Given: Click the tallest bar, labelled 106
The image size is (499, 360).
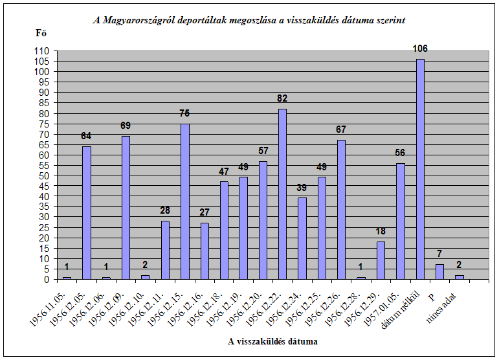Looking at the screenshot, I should [420, 169].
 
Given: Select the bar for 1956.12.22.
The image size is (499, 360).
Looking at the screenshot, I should [282, 194].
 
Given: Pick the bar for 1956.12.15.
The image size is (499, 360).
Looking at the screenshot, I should [184, 201].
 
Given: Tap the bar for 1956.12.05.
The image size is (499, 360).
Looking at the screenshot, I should [86, 213].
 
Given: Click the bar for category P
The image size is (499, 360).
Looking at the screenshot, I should [439, 272].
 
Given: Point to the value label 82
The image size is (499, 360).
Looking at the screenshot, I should [282, 99].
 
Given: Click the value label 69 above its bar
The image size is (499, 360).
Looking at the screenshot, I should [126, 126].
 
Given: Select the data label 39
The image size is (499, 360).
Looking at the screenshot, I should [302, 188].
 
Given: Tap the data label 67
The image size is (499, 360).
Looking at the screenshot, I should [341, 130].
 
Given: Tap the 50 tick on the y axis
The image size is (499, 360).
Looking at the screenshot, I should [44, 176].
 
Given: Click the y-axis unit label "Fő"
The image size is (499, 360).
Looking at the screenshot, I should [41, 32].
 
